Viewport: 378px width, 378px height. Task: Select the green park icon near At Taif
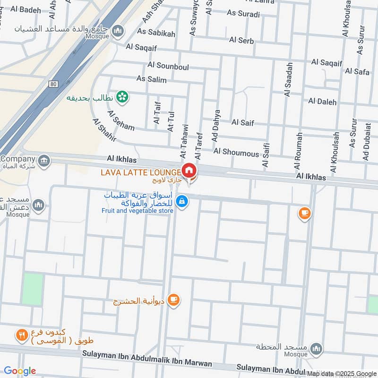pos(122,97)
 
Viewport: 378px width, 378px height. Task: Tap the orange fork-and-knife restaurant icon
pos(21,335)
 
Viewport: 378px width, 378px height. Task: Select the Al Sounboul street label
pos(168,67)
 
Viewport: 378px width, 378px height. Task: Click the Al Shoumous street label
pos(236,153)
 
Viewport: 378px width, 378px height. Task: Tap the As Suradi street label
pos(243,14)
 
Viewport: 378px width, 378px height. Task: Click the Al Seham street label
pos(120,120)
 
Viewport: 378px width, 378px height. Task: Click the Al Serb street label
pos(241,40)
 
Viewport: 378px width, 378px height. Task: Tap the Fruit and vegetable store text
pos(137,211)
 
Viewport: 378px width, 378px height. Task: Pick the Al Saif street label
pos(242,123)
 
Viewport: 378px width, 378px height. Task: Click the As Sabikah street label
pos(156,33)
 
